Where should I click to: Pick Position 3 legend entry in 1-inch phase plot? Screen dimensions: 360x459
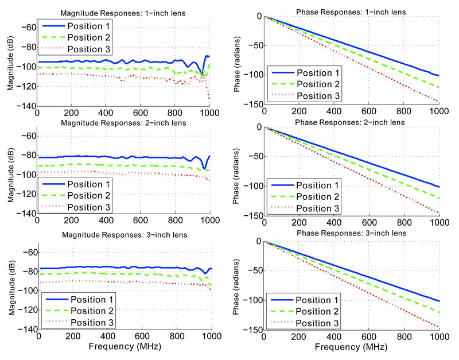(x=314, y=95)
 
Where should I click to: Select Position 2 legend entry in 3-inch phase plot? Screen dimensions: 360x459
(x=314, y=311)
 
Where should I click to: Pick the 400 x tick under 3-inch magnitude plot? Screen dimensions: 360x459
(x=108, y=338)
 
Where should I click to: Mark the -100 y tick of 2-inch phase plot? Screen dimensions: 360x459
(x=253, y=186)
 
